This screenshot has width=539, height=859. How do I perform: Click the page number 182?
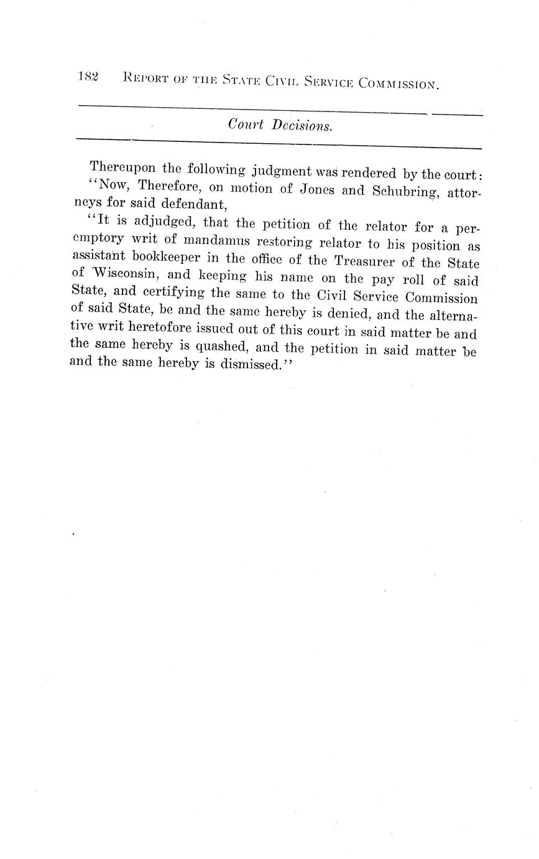(88, 77)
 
